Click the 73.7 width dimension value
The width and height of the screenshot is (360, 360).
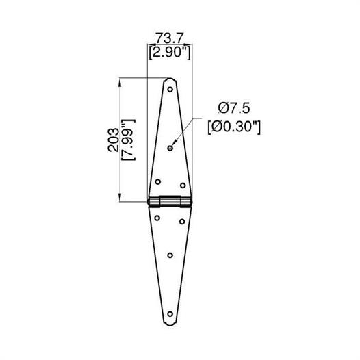(x=170, y=38)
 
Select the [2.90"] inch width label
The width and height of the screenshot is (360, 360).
(x=170, y=53)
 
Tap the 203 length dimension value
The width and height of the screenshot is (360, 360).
(x=114, y=140)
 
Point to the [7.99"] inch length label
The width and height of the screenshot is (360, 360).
(x=128, y=140)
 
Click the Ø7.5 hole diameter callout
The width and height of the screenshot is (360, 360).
(x=234, y=108)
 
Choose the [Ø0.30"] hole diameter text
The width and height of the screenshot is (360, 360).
(x=234, y=127)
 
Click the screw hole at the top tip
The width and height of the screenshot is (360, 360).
(x=170, y=89)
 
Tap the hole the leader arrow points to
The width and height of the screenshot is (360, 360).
(x=170, y=148)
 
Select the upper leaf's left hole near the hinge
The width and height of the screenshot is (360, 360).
(x=157, y=182)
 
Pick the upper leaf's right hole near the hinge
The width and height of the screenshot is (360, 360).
(x=183, y=185)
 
